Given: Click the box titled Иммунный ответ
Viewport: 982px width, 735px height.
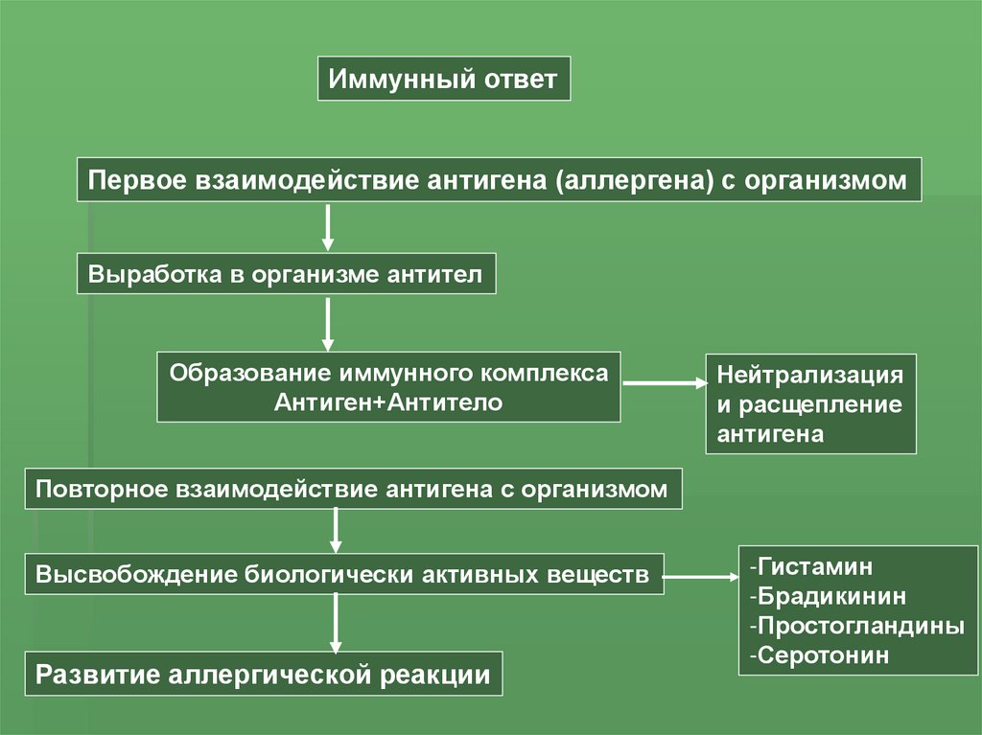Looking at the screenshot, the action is point(443,79).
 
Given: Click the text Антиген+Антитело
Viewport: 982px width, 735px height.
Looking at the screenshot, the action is point(387,402).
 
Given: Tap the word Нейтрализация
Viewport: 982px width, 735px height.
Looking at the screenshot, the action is point(810,375).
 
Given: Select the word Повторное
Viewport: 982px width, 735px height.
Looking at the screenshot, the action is point(102,489).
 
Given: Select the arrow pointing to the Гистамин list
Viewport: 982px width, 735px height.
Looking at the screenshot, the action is point(700,577).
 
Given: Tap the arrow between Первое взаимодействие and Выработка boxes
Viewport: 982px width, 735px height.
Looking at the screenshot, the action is point(327,227).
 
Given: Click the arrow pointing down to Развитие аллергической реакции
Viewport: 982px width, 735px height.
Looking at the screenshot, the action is point(336,624).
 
